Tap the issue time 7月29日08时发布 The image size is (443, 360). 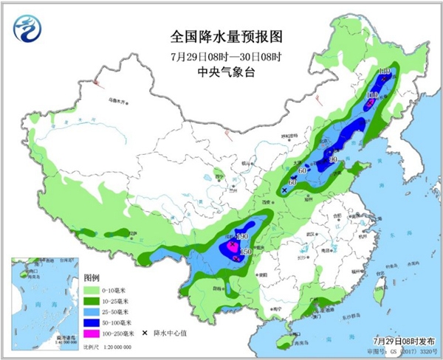(x=402, y=338)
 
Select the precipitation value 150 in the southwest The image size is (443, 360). (x=247, y=253)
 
